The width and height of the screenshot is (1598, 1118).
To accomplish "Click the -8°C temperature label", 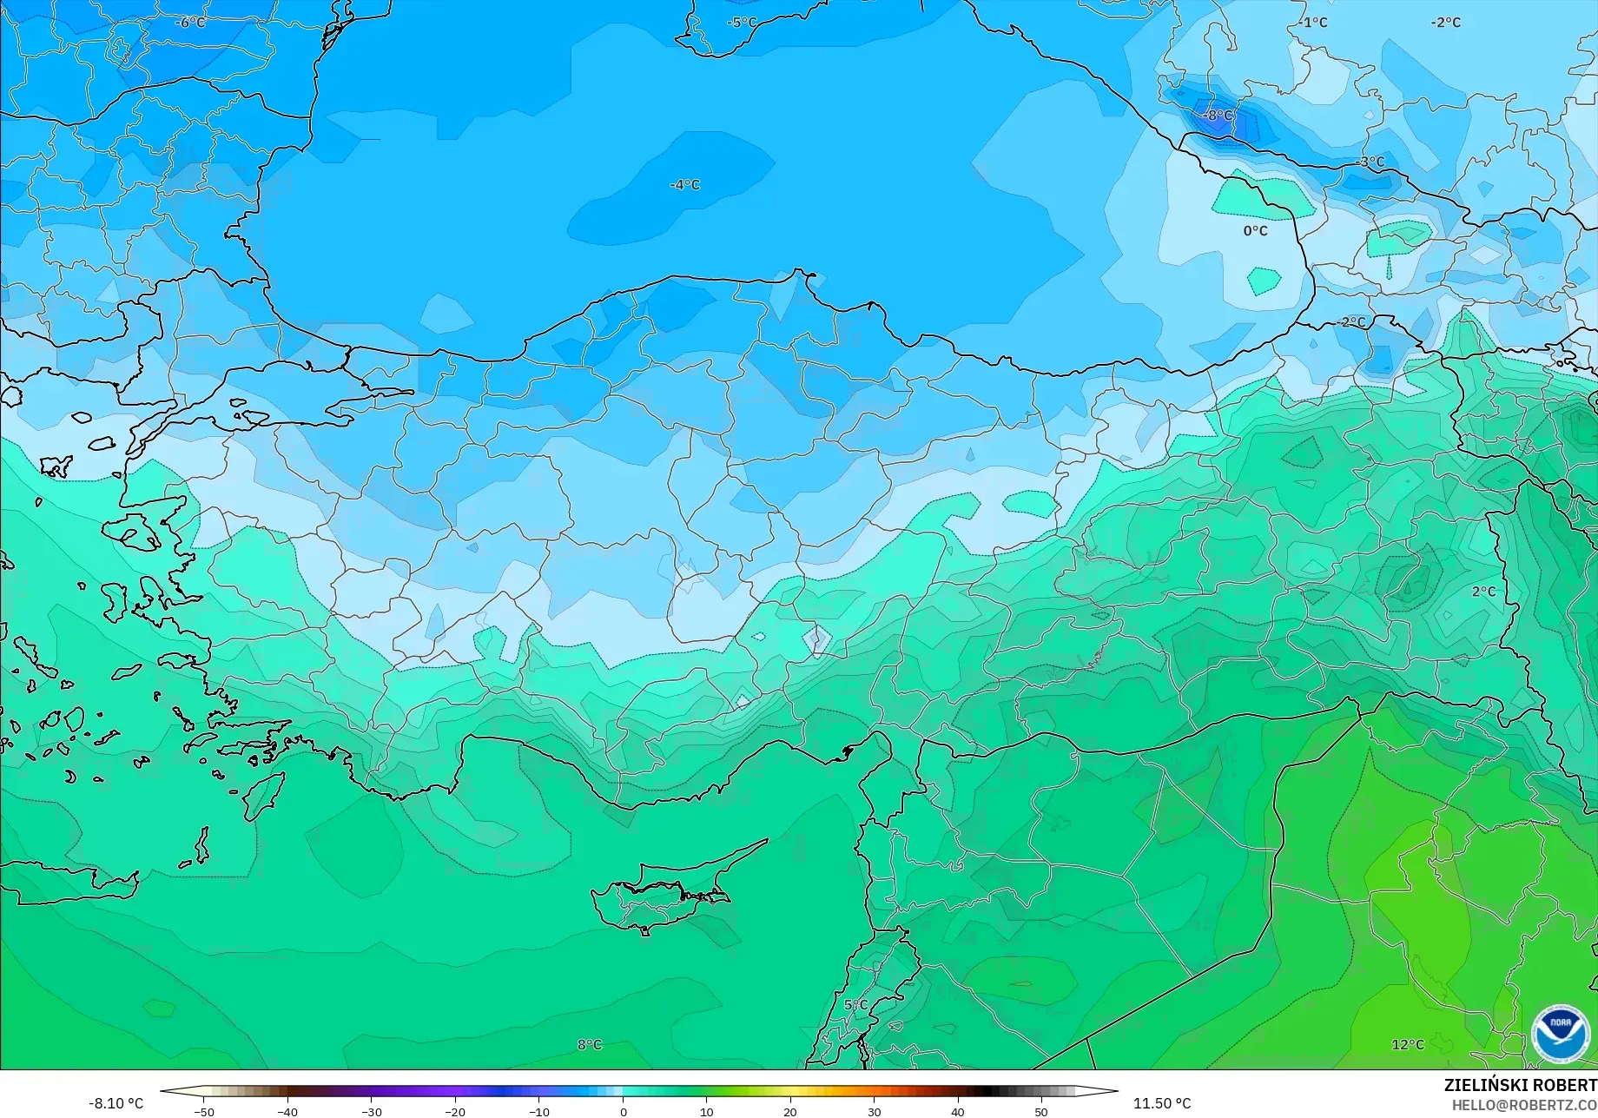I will (x=1218, y=116).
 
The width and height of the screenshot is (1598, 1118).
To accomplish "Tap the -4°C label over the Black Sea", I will (x=684, y=185).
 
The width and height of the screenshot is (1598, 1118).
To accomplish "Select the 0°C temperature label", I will (x=1255, y=231).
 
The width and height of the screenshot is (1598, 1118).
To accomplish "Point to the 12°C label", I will (x=1408, y=1045).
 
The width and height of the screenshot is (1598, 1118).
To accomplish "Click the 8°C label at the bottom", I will (x=589, y=1045).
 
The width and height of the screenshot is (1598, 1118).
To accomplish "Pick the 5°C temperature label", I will (x=855, y=1005).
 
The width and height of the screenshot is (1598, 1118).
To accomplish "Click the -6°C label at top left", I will (x=190, y=23).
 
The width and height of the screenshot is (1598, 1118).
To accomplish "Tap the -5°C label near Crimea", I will (x=742, y=23).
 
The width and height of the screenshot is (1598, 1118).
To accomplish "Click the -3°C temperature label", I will (x=1370, y=162).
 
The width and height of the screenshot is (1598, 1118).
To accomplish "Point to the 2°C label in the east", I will (x=1483, y=592).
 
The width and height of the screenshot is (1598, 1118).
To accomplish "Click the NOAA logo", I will (x=1560, y=1034).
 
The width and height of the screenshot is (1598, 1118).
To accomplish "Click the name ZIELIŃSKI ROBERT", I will (x=1520, y=1086).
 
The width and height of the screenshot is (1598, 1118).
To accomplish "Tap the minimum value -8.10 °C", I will (x=116, y=1103).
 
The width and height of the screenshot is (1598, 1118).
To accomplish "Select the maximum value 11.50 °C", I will (x=1162, y=1103).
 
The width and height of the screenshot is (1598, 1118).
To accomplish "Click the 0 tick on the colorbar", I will (x=623, y=1112).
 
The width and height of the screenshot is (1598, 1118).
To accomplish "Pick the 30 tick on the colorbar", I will (x=874, y=1112).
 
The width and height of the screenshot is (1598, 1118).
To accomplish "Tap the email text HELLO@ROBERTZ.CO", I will (x=1524, y=1104).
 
